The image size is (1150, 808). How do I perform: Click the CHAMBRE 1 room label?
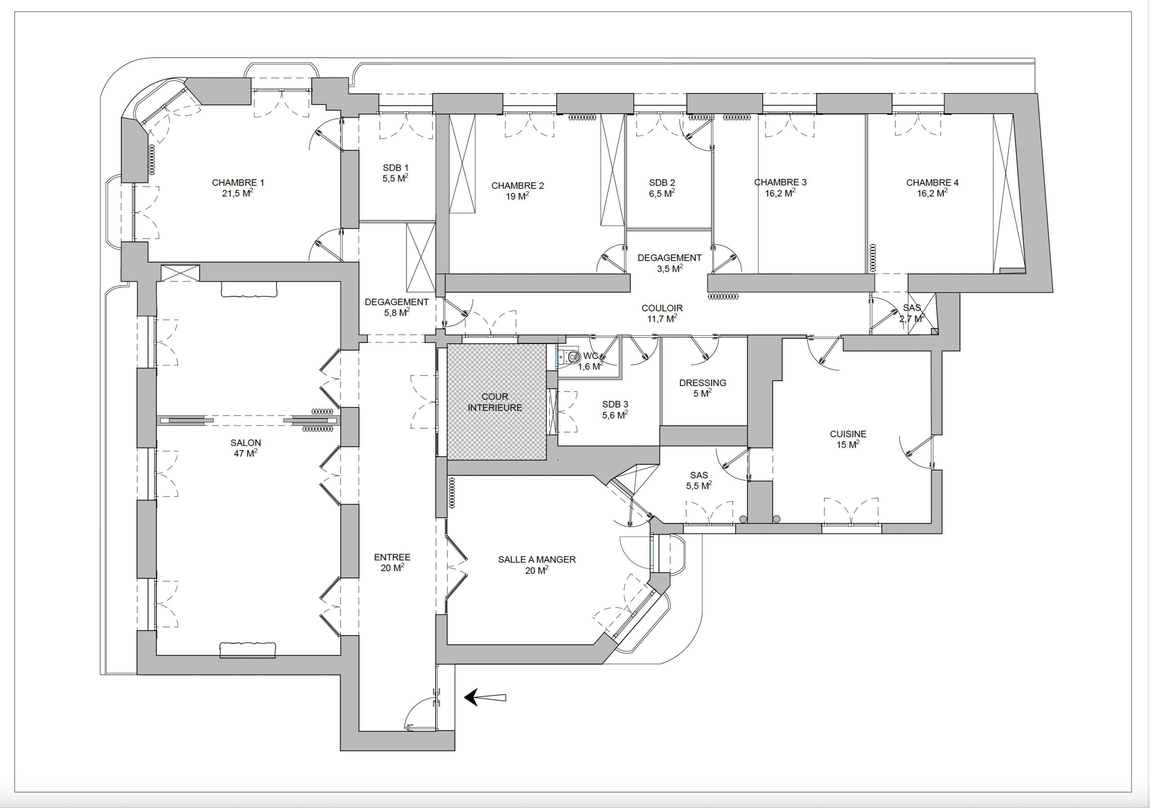point(238,183)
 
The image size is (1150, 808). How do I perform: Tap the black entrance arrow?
point(485,697)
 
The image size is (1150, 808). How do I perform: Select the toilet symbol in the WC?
point(569,357)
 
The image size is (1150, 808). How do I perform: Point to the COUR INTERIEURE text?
point(495,402)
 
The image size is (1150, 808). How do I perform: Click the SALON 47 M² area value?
point(245,453)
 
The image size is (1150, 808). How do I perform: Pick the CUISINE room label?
point(848,434)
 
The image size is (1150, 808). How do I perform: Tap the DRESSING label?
point(703,383)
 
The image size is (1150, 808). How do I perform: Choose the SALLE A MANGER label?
point(537,559)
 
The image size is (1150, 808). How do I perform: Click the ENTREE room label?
point(392,557)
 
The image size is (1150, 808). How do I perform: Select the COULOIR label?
point(662,308)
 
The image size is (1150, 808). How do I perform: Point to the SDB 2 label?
point(662,183)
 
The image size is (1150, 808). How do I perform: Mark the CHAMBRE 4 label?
point(932,183)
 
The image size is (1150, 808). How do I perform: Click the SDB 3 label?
point(615,404)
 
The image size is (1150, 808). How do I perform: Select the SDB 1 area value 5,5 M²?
point(395,178)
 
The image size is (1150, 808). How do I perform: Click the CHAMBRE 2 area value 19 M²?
point(517,196)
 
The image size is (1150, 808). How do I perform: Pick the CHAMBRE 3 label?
point(780,182)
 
